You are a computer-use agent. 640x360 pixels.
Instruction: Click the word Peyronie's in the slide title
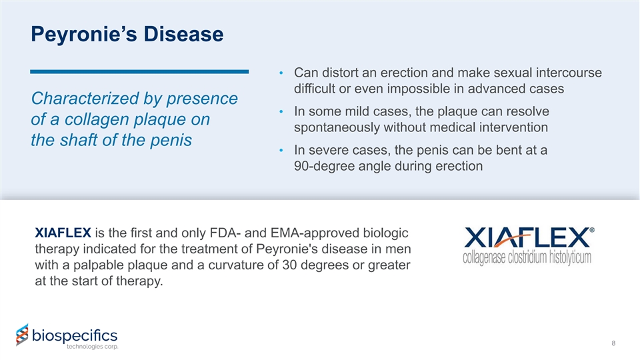pyautogui.click(x=84, y=34)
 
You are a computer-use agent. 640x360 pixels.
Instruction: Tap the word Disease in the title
pyautogui.click(x=184, y=34)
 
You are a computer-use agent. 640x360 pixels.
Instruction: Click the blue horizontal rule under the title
pyautogui.click(x=139, y=72)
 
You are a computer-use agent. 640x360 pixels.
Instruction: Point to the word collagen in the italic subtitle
pyautogui.click(x=96, y=119)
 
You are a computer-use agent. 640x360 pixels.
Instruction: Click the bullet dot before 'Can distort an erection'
pyautogui.click(x=281, y=73)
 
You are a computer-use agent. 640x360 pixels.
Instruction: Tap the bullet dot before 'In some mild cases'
pyautogui.click(x=281, y=111)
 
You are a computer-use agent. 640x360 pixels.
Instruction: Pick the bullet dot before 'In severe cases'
pyautogui.click(x=281, y=150)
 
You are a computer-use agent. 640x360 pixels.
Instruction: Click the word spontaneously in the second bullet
pyautogui.click(x=337, y=128)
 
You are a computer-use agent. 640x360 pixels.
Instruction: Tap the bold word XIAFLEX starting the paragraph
pyautogui.click(x=63, y=233)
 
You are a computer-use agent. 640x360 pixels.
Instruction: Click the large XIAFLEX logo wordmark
pyautogui.click(x=527, y=238)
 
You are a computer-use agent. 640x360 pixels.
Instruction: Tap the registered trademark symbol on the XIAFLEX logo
pyautogui.click(x=592, y=230)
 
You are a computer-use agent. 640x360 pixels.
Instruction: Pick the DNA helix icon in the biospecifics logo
pyautogui.click(x=23, y=335)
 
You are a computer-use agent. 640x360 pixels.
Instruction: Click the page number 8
pyautogui.click(x=613, y=343)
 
